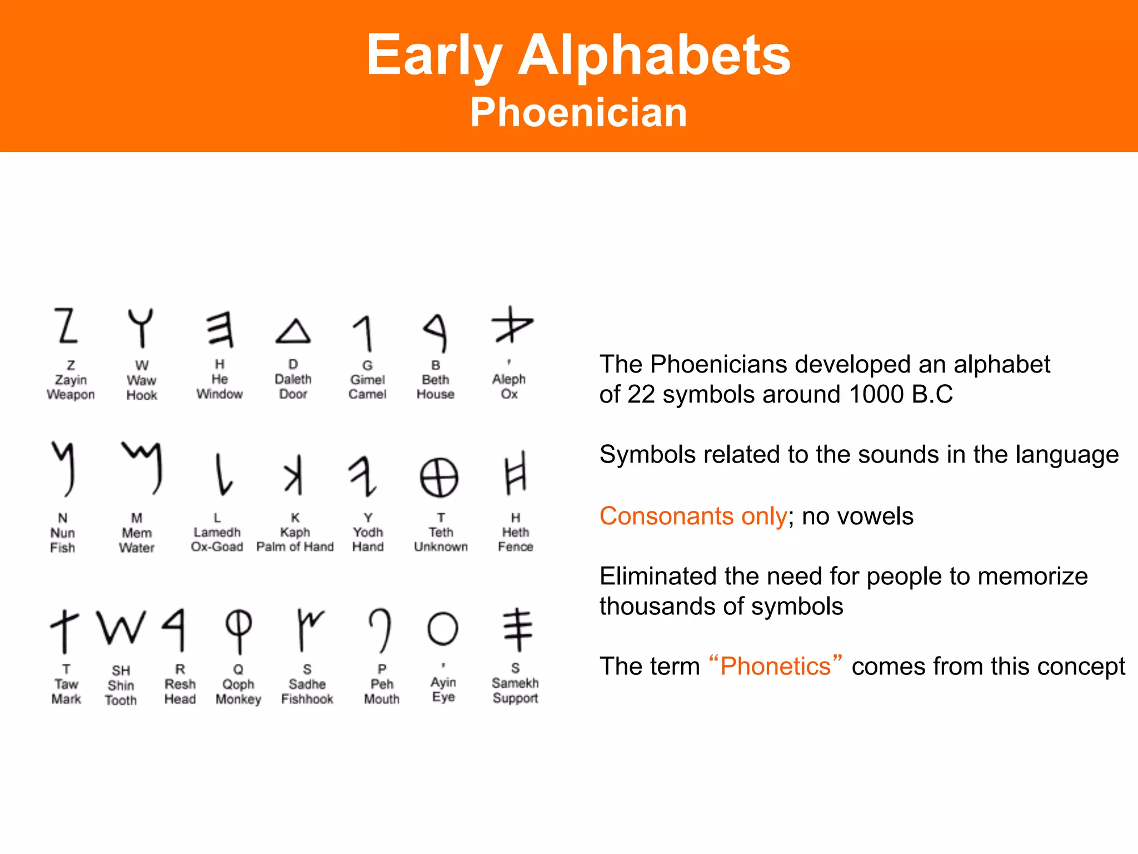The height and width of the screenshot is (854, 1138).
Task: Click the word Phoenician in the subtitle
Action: tap(578, 112)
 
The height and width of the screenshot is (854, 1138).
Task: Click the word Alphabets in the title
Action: tap(654, 55)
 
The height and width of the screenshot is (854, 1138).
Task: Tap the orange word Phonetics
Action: tap(775, 666)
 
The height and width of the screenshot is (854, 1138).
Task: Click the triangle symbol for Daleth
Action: tap(293, 331)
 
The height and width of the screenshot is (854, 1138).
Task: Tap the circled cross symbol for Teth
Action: tap(439, 478)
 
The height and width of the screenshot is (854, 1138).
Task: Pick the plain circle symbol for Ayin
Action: tap(443, 629)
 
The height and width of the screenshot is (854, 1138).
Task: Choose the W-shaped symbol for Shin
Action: tap(121, 628)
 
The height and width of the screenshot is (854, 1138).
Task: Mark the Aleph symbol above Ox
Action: tap(511, 326)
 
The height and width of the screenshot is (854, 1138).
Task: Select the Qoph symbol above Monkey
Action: tap(238, 630)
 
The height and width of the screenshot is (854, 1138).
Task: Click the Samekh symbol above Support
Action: tap(517, 629)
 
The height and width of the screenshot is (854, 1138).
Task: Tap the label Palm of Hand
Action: tap(295, 547)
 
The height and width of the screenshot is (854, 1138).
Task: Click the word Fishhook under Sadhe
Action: tap(307, 699)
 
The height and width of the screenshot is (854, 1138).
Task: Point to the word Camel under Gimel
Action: tap(367, 394)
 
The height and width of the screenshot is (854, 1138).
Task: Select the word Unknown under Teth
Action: tap(441, 547)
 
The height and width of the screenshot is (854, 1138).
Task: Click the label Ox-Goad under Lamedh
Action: tap(217, 547)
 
